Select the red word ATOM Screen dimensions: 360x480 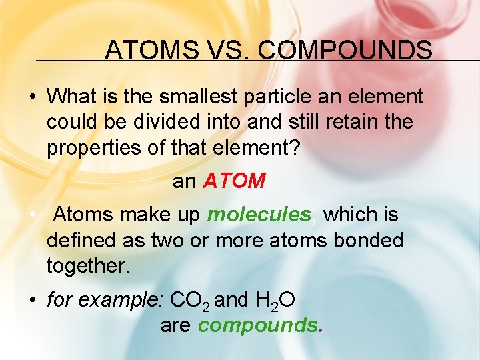(234, 181)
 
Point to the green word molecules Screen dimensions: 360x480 (259, 215)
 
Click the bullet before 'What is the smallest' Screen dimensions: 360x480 (32, 97)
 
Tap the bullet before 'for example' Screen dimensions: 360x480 (32, 301)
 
